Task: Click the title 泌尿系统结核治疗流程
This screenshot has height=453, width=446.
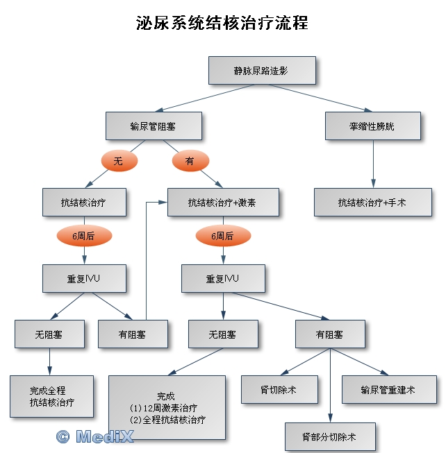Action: coord(222,23)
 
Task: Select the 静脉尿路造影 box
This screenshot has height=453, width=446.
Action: coord(262,71)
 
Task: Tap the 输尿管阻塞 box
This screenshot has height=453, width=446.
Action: coord(154,126)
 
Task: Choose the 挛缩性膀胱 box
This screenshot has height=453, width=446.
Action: coord(373,126)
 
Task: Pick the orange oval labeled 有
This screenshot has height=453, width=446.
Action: coord(190,161)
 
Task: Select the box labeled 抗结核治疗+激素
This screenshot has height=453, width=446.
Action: coord(222,203)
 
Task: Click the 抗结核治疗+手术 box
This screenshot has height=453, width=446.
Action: coord(372,203)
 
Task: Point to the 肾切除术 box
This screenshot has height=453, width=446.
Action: coord(279,390)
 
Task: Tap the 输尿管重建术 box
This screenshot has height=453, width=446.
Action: coord(388,390)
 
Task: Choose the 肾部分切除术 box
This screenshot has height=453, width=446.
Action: coord(330,437)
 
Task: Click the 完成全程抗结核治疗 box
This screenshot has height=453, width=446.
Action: coord(51,396)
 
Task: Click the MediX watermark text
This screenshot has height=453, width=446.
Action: coord(104,436)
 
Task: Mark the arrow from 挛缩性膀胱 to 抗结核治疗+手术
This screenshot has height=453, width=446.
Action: coord(373,163)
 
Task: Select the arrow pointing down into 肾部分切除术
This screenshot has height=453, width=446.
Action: coord(330,388)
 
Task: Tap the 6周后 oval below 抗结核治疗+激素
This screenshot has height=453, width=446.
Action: coord(222,237)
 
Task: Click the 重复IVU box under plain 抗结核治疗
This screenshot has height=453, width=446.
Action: coord(84,279)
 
